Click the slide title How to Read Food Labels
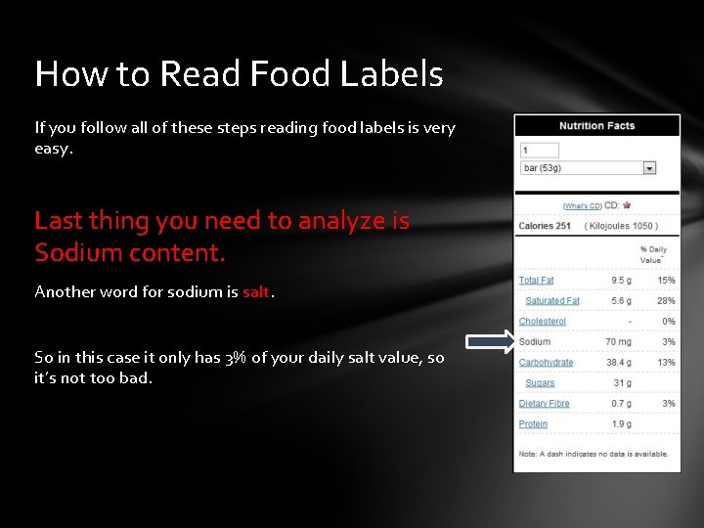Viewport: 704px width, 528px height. [239, 74]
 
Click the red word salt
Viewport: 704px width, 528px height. [256, 292]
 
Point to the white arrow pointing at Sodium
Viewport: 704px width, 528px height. [489, 341]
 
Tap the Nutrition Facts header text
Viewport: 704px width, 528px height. [596, 126]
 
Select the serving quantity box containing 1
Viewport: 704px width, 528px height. [540, 151]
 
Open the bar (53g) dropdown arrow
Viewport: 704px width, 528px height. [649, 168]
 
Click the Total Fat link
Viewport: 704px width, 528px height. [536, 281]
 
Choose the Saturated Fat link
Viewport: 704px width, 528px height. [552, 301]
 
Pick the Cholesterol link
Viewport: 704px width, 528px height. [542, 322]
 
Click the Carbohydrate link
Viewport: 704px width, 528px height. [546, 363]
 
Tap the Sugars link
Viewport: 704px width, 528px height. [540, 383]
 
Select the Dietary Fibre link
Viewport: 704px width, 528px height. [544, 404]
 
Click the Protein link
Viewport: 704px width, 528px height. [533, 424]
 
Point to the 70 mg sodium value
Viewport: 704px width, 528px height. [618, 342]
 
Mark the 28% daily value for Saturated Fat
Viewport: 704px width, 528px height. [666, 301]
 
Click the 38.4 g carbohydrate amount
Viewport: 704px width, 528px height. [618, 363]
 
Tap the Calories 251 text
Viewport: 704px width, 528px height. [545, 227]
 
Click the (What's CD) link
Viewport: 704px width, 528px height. [582, 206]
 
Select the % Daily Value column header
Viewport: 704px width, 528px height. [652, 254]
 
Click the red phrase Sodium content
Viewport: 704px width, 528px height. [130, 253]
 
